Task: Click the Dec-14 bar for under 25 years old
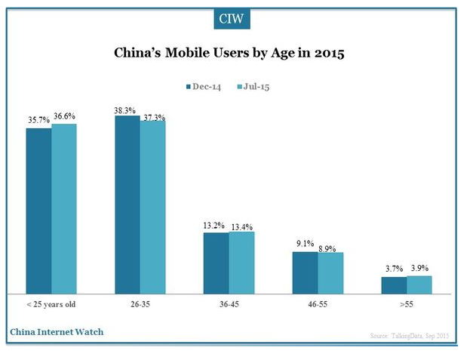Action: click(38, 211)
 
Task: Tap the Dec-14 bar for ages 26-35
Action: click(127, 205)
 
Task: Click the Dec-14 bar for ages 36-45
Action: click(216, 263)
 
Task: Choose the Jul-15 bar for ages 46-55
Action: click(330, 272)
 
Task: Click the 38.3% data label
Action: click(126, 109)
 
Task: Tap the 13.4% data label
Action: click(242, 225)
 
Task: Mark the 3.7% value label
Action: click(393, 269)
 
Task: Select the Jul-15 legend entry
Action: click(253, 86)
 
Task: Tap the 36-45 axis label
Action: click(229, 304)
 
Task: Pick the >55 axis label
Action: click(406, 304)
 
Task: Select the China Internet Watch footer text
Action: click(57, 331)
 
